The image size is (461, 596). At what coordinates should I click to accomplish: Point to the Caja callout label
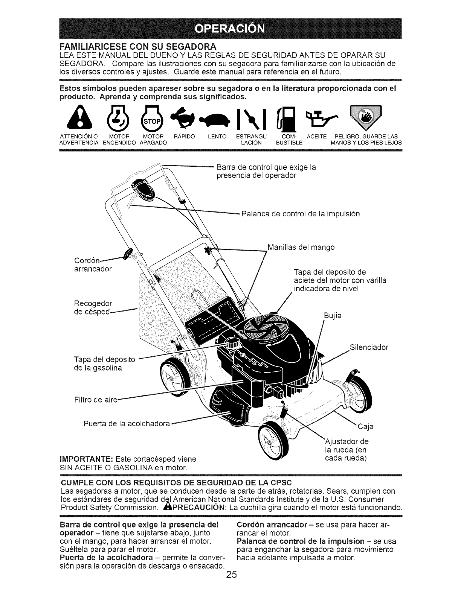(365, 426)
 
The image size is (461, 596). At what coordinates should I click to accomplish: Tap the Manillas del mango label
(301, 248)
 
